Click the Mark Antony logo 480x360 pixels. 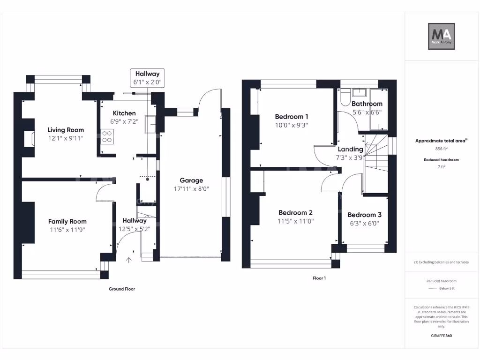[441, 37]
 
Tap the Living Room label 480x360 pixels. [66, 130]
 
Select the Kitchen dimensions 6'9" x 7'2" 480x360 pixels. [124, 121]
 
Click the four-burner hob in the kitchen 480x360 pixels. [107, 136]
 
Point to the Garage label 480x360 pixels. [191, 180]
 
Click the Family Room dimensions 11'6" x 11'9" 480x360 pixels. [67, 230]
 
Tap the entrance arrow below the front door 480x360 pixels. [129, 260]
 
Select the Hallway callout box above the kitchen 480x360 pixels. [147, 78]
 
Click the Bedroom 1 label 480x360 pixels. [292, 117]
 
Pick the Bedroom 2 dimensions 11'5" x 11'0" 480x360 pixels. [295, 221]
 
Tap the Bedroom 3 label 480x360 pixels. [364, 215]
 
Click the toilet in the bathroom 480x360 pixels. [345, 97]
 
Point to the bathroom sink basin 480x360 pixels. [359, 92]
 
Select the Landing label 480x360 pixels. [350, 149]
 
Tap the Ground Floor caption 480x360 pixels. [122, 289]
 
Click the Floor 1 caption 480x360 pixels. [319, 278]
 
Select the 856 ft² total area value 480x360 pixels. [442, 149]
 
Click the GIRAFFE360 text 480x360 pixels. [442, 336]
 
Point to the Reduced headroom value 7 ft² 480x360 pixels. [442, 166]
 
